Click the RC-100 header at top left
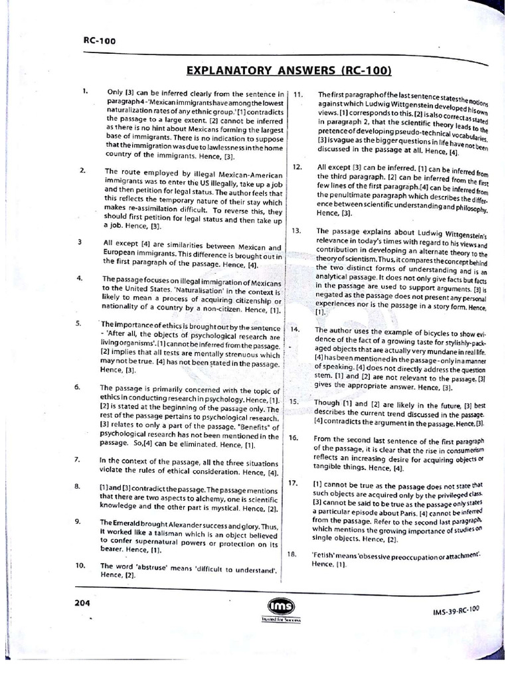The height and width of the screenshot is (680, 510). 99,41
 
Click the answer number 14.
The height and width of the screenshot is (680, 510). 296,330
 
